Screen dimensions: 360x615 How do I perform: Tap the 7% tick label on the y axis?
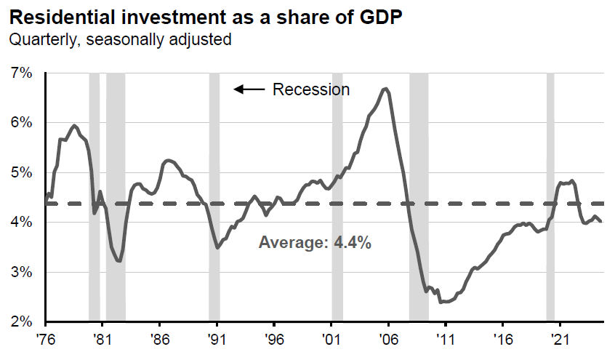(x=22, y=73)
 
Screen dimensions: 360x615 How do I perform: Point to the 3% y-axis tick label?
(x=22, y=272)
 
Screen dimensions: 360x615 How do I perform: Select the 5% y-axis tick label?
(x=22, y=172)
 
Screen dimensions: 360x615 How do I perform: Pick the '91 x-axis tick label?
(x=217, y=338)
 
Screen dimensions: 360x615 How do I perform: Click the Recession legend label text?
(x=311, y=89)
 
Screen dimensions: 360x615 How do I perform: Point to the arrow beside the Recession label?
(x=249, y=89)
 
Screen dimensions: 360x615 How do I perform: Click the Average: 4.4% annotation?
(x=315, y=243)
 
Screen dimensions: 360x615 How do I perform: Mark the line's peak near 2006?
(x=385, y=89)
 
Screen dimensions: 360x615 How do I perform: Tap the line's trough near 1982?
(x=119, y=260)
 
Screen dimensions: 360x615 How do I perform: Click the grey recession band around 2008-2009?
(x=419, y=196)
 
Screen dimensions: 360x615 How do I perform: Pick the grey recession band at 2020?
(x=550, y=196)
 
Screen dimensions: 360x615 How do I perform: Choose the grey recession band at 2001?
(x=337, y=196)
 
